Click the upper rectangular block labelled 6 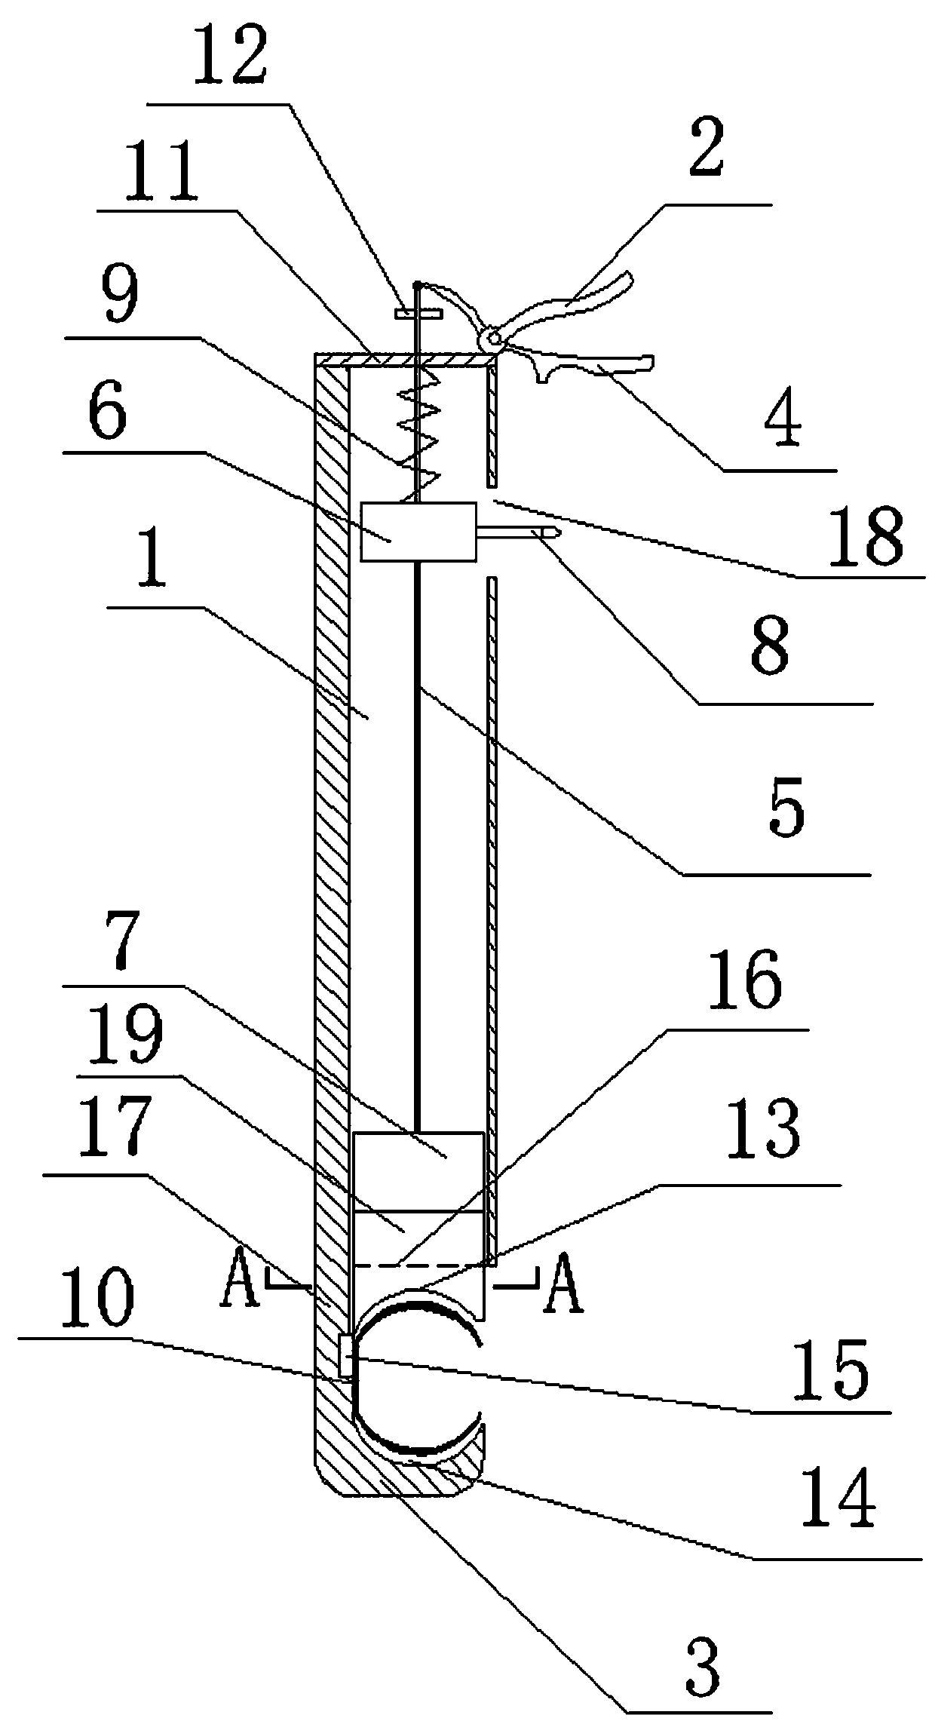tap(418, 532)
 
